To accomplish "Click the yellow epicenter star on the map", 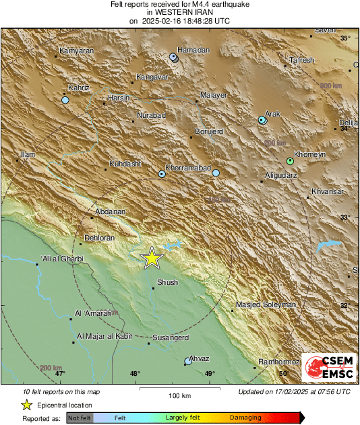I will pos(152,257).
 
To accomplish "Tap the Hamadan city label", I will pos(193,50).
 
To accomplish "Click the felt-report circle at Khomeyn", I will pos(290,162).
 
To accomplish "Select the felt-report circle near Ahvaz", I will pos(187,362).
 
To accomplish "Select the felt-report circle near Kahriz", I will pos(65,100).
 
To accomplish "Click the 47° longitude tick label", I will pos(60,373).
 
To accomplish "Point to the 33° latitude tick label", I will pos(344,217).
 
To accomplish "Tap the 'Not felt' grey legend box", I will pos(80,418).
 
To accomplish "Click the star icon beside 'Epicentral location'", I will pos(26,405).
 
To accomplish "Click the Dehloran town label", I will pos(100,238).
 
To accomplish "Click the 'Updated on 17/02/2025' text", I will pos(294,391).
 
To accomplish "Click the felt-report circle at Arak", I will pos(262,120).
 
